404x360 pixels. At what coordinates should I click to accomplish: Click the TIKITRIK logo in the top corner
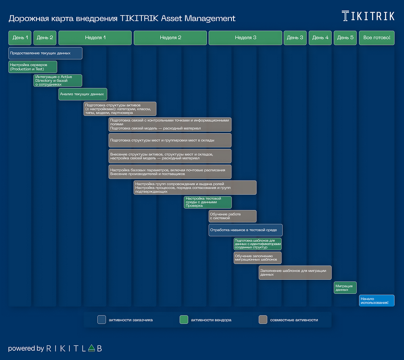point(368,16)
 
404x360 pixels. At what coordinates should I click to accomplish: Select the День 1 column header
point(20,38)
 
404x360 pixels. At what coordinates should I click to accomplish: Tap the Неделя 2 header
point(170,38)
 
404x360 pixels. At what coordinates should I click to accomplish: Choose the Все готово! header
point(377,38)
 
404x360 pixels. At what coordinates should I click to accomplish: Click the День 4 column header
point(320,38)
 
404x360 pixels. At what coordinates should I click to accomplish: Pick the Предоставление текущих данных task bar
point(45,53)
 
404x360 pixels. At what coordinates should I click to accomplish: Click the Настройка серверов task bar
point(33,67)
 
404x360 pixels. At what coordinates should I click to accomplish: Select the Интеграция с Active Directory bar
point(58,81)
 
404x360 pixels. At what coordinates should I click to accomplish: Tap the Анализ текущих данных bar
point(83,94)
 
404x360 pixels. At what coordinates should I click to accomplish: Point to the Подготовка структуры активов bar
point(120,109)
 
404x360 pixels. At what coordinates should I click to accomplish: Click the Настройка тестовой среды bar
point(208,202)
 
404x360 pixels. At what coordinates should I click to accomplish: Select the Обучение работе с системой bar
point(232,216)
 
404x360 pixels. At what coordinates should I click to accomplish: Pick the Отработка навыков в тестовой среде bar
point(245,230)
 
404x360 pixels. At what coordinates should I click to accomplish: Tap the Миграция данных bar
point(345,288)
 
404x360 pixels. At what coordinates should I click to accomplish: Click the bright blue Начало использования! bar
point(377,301)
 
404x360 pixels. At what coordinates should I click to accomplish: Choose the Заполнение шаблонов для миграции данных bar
point(295,273)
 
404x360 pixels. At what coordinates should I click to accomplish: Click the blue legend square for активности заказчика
point(102,320)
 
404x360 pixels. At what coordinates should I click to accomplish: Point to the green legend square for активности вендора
point(184,320)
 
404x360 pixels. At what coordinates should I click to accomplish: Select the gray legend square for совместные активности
point(263,320)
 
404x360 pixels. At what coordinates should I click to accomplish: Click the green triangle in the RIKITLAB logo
point(91,348)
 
